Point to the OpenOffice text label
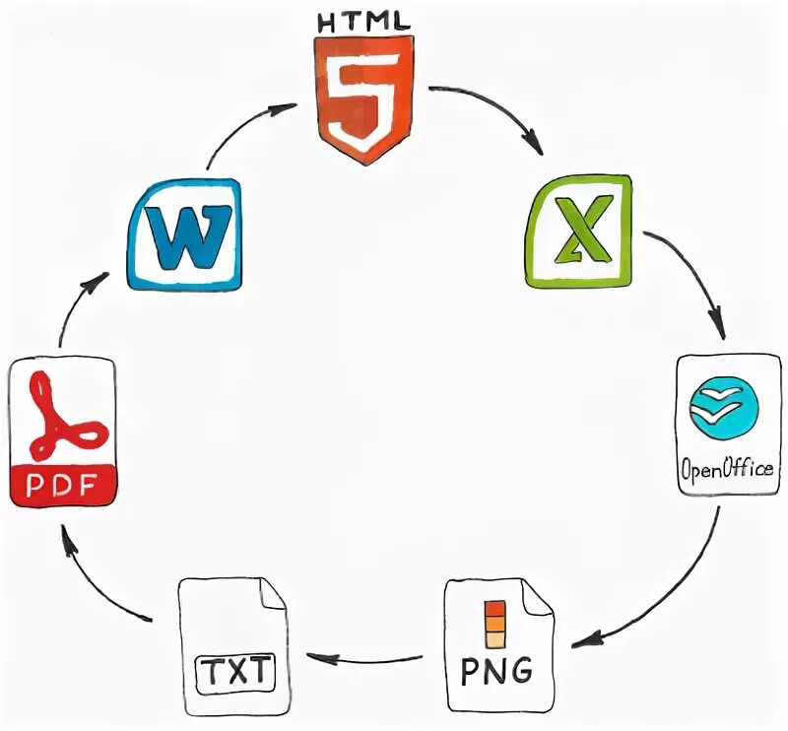(x=727, y=468)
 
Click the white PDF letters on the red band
(x=63, y=487)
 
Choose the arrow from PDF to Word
(x=79, y=305)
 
